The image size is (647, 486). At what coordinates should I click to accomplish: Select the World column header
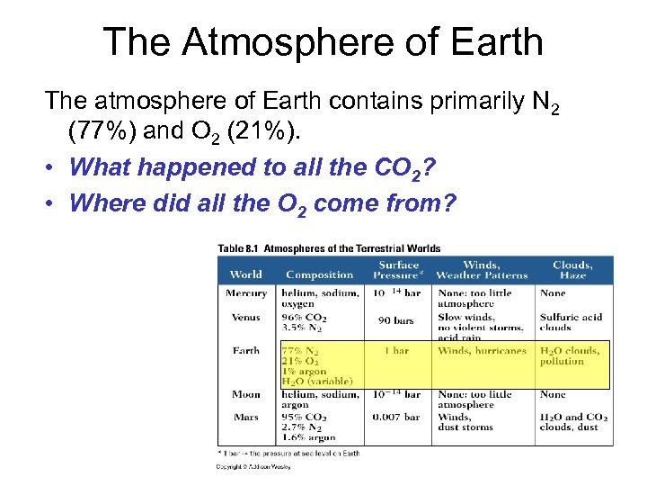[245, 274]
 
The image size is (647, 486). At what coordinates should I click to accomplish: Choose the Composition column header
[319, 274]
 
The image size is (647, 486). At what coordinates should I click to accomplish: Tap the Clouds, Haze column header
[572, 269]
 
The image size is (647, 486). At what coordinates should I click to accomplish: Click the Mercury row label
[246, 292]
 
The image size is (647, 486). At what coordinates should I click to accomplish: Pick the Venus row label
[245, 317]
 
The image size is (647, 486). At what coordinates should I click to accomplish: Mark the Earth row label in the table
[245, 351]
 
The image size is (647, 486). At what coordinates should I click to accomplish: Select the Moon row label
[245, 394]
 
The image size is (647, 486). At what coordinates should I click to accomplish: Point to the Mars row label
[245, 417]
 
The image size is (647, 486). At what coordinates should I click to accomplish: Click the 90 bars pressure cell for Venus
[395, 320]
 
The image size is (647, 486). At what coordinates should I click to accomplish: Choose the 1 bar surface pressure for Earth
[397, 351]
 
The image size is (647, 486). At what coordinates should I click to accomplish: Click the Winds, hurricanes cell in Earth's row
[482, 351]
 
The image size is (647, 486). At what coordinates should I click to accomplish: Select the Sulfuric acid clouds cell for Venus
[572, 322]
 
